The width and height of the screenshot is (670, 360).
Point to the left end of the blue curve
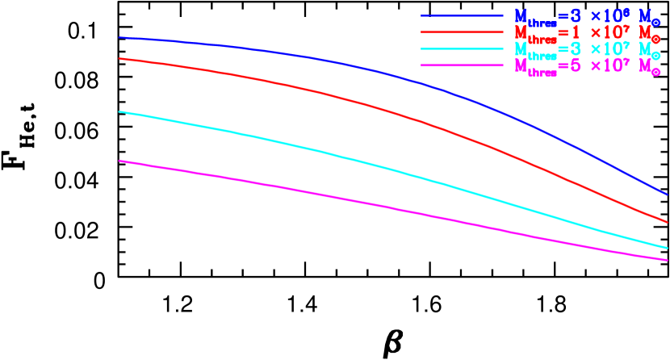point(119,37)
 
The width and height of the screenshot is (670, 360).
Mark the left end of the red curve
point(119,58)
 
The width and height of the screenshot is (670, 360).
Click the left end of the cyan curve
point(119,111)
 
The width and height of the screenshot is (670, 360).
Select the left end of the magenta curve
point(119,161)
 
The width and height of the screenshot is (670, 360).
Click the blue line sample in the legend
point(462,15)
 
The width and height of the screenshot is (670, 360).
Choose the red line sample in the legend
point(462,32)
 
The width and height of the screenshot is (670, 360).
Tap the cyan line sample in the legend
point(462,49)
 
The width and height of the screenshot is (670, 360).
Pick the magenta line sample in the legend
point(462,66)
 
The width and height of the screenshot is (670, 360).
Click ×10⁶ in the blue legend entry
point(609,15)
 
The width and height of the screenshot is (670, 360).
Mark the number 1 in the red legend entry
point(575,32)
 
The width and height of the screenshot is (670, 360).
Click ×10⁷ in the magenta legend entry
point(609,66)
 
